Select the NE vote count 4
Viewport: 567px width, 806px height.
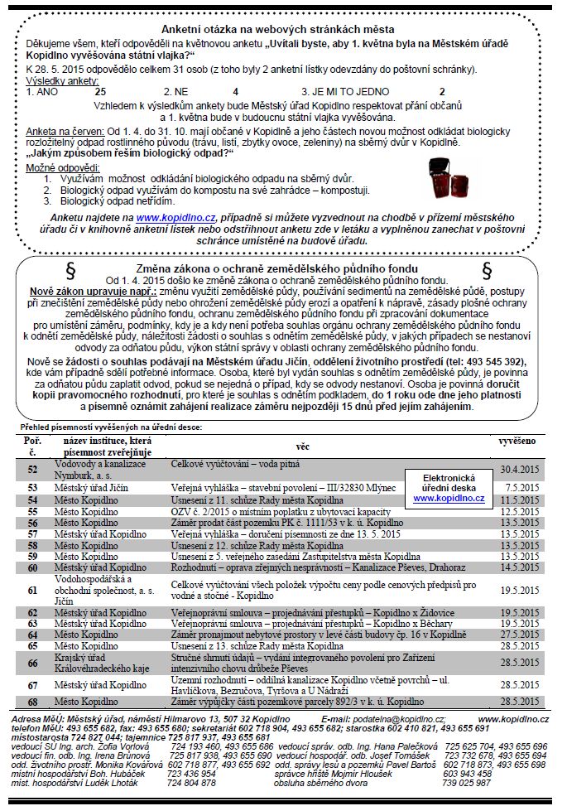236,91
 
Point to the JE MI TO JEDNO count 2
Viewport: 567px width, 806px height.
442,91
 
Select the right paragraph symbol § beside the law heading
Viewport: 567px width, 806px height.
486,271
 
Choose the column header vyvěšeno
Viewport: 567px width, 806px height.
518,442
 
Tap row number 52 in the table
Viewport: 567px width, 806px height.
33,469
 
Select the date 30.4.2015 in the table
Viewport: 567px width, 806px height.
519,469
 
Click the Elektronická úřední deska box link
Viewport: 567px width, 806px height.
448,489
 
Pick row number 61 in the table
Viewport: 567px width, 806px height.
33,590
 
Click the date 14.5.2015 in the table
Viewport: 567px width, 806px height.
519,567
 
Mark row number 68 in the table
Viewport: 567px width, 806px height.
33,701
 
